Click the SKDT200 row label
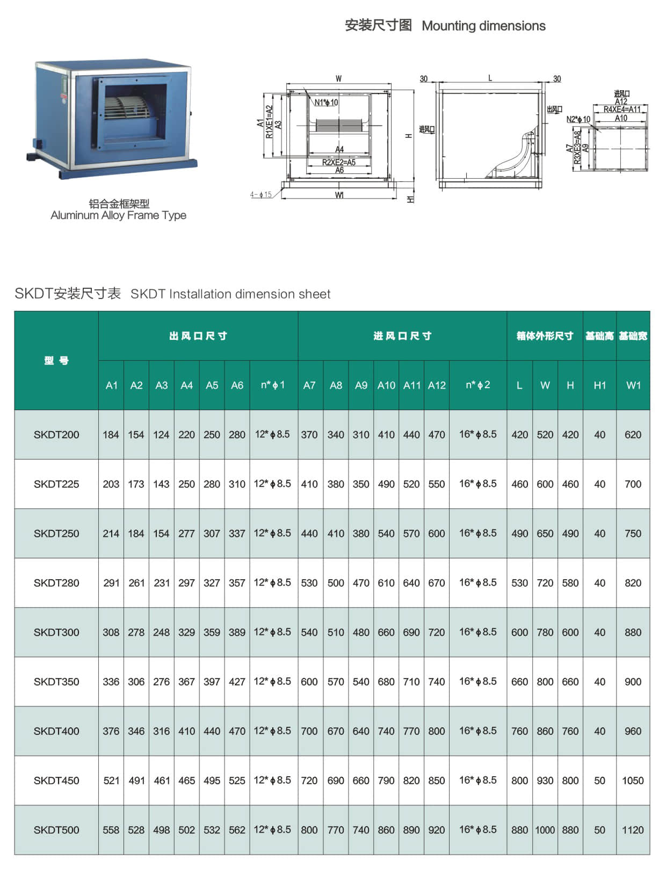click(x=56, y=435)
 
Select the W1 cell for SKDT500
click(x=633, y=830)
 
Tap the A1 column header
click(x=111, y=385)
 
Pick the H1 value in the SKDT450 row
click(x=599, y=781)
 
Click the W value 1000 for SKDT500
click(x=545, y=830)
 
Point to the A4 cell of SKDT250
click(x=186, y=534)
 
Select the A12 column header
click(x=437, y=385)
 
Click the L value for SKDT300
click(x=519, y=632)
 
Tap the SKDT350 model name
click(x=56, y=682)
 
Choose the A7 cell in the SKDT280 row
click(x=309, y=583)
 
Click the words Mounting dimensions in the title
click(x=483, y=26)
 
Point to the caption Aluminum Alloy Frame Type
click(x=118, y=215)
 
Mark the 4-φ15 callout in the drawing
click(x=261, y=195)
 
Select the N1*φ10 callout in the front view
click(x=326, y=103)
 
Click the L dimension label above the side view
click(x=490, y=78)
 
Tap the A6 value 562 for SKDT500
click(x=237, y=830)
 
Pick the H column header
click(x=570, y=385)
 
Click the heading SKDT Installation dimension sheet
click(x=230, y=294)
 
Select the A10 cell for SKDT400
click(x=386, y=731)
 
